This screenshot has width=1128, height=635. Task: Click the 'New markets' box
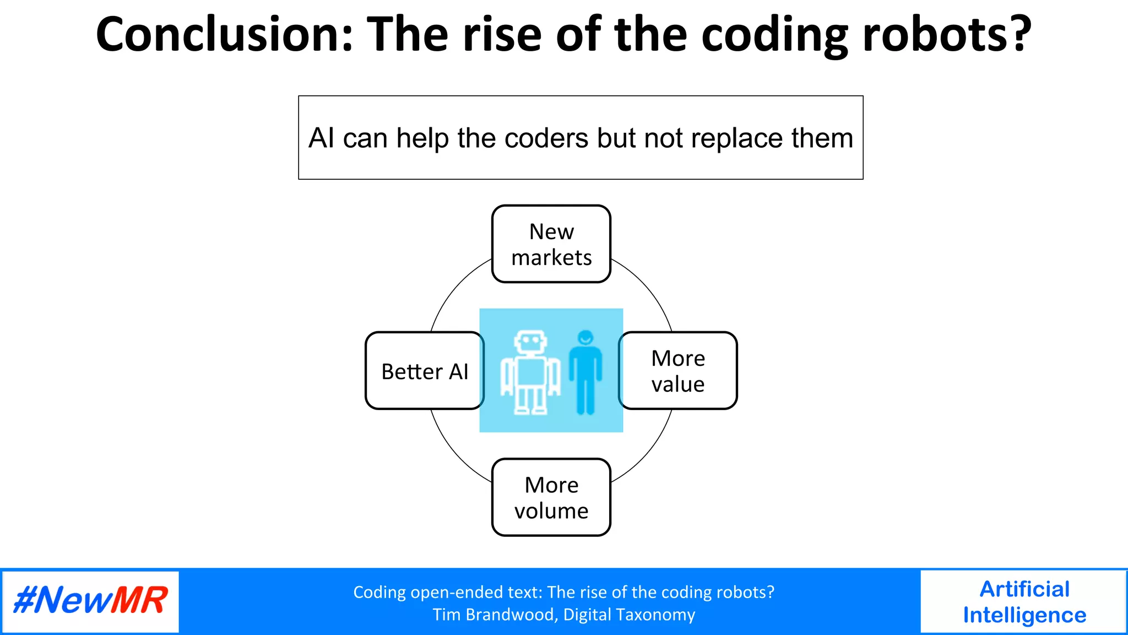click(551, 244)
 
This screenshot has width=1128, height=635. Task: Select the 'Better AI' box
click(425, 371)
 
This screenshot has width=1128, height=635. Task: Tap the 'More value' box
click(678, 371)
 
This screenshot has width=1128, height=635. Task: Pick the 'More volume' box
click(551, 497)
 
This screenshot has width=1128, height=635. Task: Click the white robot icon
click(530, 373)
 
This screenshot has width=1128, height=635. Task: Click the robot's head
click(530, 342)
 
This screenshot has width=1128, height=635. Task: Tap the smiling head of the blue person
click(585, 337)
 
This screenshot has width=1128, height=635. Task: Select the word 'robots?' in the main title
click(946, 34)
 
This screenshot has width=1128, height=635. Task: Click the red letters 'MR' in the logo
click(139, 601)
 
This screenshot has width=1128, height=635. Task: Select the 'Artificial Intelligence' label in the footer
click(1024, 602)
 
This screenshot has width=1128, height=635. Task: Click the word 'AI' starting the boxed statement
click(321, 138)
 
